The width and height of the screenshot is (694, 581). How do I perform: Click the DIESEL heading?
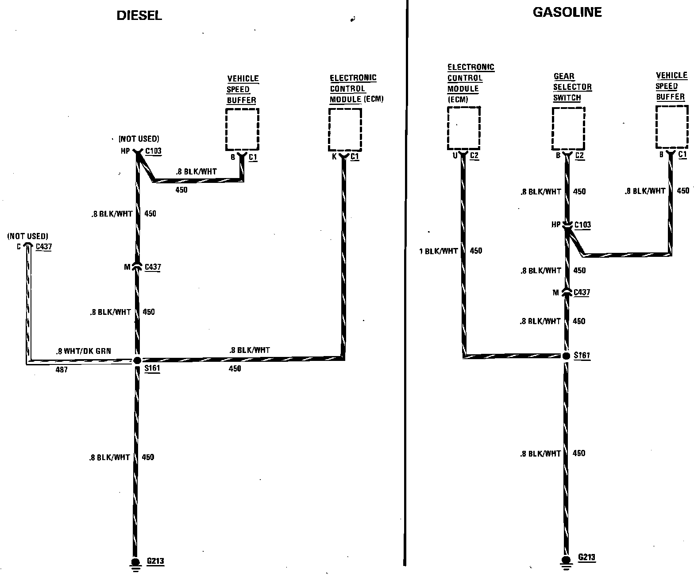pos(139,15)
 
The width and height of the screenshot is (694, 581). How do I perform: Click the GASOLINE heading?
pos(567,12)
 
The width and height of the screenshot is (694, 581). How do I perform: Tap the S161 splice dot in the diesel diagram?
pos(137,360)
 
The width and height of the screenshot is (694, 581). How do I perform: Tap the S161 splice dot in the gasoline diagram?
pos(566,356)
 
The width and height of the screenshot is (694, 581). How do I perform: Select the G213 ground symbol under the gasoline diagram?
pos(566,560)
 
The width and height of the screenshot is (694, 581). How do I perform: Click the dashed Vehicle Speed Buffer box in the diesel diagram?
pos(242,129)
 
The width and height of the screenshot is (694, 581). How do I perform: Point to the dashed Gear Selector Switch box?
pos(568,128)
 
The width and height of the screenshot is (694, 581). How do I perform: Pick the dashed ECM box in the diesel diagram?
pos(345,129)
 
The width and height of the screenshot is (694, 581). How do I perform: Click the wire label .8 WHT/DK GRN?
pos(83,351)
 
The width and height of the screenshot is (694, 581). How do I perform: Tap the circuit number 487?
pos(62,369)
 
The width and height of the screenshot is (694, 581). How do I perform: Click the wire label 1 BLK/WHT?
pos(438,252)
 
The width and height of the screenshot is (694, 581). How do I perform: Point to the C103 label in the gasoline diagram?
pos(582,225)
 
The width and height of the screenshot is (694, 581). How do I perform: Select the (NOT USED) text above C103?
pos(139,139)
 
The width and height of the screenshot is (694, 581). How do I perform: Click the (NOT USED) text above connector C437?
pos(27,236)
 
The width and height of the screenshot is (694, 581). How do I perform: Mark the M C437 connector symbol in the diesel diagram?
pos(137,267)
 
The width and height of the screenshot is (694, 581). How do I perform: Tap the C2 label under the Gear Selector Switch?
pos(579,156)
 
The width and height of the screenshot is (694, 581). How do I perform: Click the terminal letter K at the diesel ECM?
pos(334,156)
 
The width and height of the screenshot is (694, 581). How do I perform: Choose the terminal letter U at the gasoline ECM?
pos(455,155)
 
